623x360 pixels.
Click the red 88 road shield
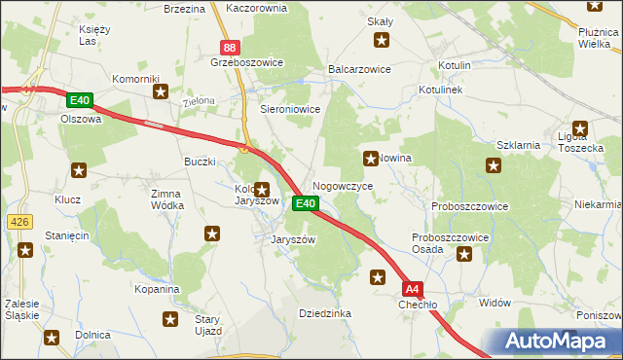point(229,47)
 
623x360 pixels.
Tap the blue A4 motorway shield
point(413,289)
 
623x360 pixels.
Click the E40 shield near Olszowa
point(80,100)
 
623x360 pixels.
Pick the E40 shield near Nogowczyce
point(305,203)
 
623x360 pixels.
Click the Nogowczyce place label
point(342,185)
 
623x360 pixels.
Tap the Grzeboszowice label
point(246,62)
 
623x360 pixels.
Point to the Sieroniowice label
point(290,110)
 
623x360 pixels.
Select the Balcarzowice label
point(360,70)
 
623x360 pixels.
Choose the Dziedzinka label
point(324,313)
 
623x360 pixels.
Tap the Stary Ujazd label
point(207,325)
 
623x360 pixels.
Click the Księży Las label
point(93,35)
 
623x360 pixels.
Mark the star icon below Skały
point(382,40)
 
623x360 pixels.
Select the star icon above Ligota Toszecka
point(581,126)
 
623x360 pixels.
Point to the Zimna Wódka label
point(166,199)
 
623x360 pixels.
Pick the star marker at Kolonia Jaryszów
point(261,190)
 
